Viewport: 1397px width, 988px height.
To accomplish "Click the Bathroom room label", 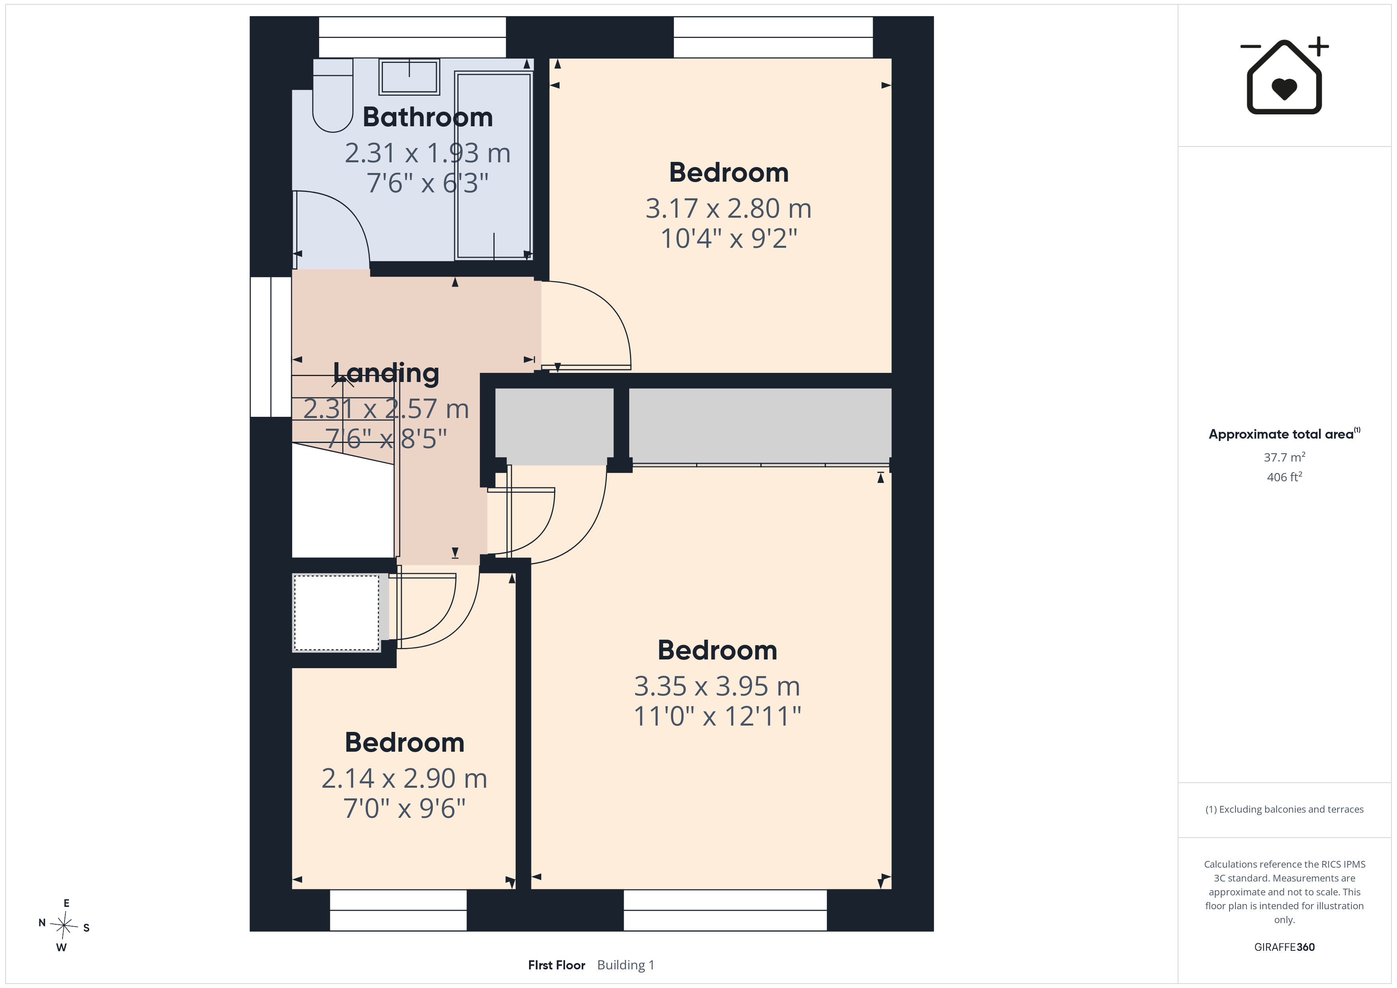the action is pos(428,117).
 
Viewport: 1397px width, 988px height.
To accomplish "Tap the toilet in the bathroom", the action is pos(333,95).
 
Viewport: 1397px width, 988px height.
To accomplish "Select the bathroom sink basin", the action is pos(409,77).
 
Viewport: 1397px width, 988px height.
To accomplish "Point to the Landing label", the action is pos(386,372).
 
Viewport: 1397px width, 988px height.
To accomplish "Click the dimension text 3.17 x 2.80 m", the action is pos(728,209).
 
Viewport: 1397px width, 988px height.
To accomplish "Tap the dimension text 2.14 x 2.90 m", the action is pos(405,778).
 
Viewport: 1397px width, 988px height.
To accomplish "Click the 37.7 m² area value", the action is pos(1285,457).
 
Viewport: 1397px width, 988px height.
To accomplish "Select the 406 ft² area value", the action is pos(1285,477).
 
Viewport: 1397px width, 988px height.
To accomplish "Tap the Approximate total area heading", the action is pos(1284,434).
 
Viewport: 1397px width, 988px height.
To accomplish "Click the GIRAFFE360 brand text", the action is pos(1285,947).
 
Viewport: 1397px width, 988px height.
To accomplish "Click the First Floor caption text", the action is pos(557,965).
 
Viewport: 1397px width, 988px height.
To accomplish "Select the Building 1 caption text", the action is pos(626,965).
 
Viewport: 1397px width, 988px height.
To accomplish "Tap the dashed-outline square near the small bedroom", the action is pos(337,613).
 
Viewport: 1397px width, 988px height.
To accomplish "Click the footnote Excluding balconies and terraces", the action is pos(1285,809).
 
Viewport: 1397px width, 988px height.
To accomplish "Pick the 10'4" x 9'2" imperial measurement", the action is pos(728,238).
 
